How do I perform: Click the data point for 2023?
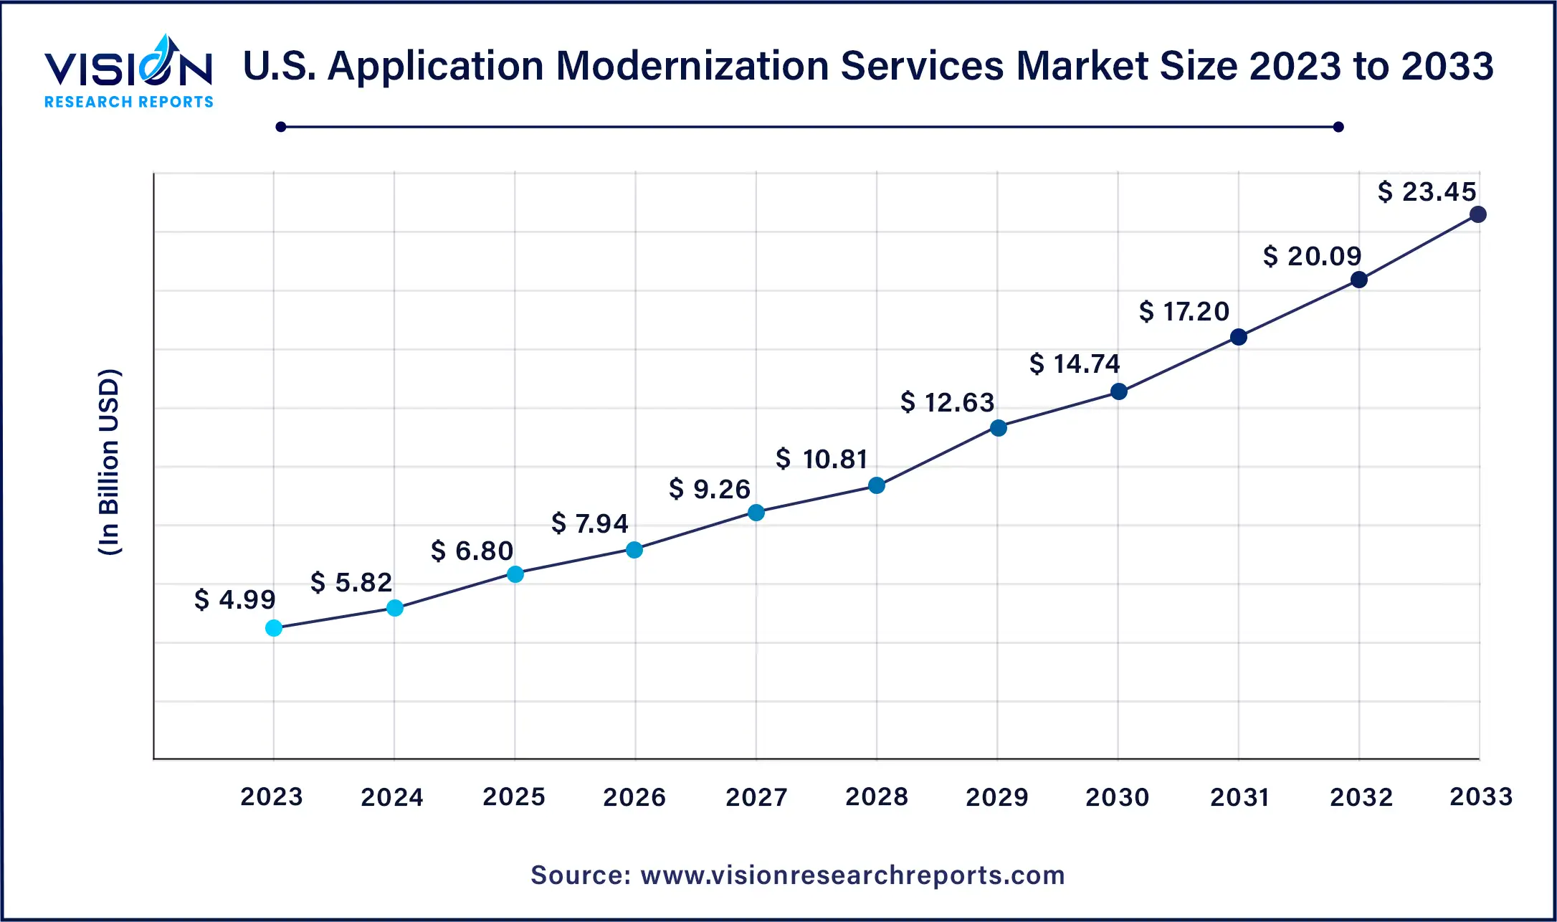tap(274, 628)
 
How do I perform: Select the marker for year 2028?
tap(877, 485)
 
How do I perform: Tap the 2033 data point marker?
tap(1477, 214)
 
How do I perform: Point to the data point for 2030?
tap(1118, 391)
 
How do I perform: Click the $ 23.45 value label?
tap(1427, 191)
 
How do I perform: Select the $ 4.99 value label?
tap(234, 599)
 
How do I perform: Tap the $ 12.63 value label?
tap(947, 402)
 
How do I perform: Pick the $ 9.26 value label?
tap(709, 489)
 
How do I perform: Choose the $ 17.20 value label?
tap(1184, 311)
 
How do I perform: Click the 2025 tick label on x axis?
tap(514, 797)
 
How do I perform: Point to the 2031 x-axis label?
tap(1239, 797)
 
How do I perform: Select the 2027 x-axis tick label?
tap(756, 797)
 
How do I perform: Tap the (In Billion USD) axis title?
tap(109, 462)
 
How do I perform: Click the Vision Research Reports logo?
tap(129, 72)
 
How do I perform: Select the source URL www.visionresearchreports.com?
tap(852, 875)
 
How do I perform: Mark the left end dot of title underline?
tap(281, 127)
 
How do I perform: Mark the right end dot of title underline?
tap(1338, 127)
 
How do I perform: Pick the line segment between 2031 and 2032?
tap(1299, 308)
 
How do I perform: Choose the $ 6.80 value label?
tap(472, 551)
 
